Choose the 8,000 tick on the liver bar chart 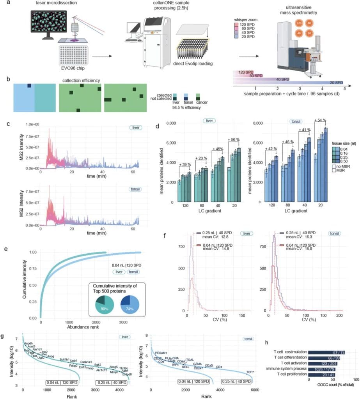click(168, 124)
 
